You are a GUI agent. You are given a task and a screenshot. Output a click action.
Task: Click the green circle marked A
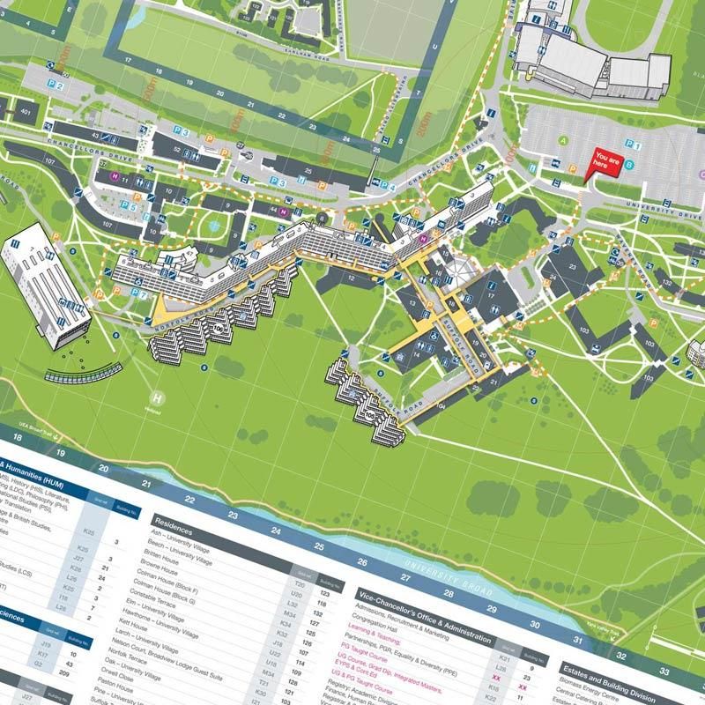point(561,141)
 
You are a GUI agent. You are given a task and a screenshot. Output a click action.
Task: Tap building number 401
point(26,113)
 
